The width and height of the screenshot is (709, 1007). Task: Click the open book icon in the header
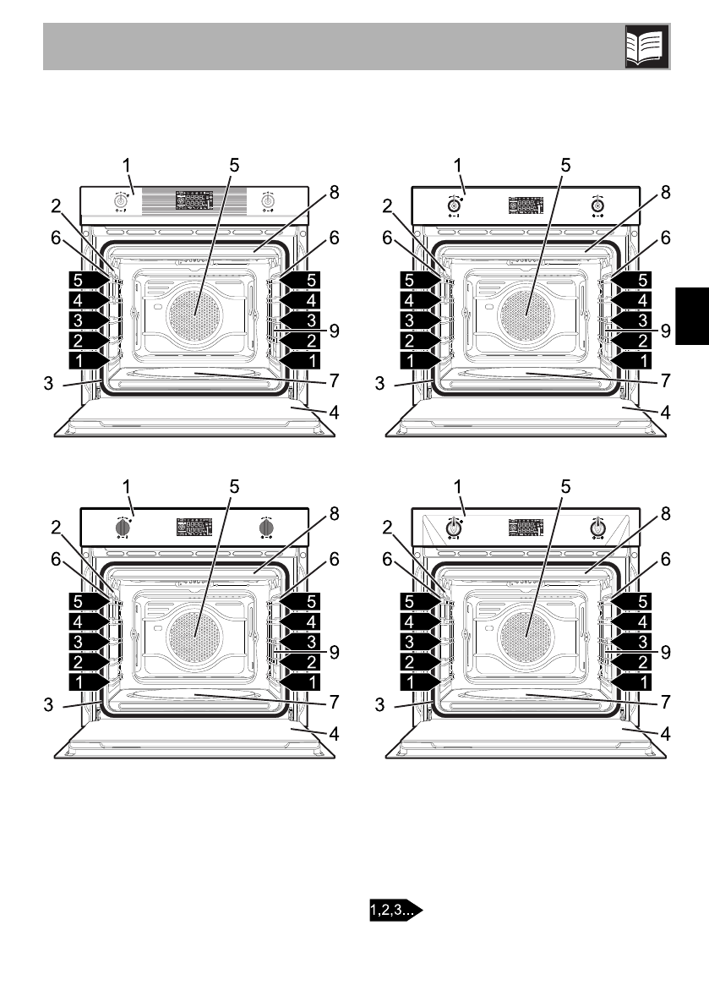646,47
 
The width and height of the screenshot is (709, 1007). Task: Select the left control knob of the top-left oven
120,202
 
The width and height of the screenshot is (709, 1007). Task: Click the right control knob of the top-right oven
597,205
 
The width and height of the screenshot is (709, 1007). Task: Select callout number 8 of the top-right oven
665,192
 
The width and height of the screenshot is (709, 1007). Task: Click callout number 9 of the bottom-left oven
335,653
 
